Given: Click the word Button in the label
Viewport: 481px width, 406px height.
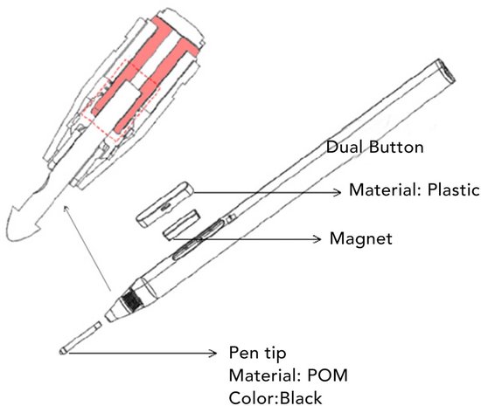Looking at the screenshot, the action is click(396, 147).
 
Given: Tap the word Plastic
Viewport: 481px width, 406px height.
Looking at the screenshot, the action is click(454, 189).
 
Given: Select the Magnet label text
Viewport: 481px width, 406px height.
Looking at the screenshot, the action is click(360, 238).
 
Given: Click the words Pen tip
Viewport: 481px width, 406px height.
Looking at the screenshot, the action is click(258, 353).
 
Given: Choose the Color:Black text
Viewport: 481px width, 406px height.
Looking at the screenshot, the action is click(275, 398).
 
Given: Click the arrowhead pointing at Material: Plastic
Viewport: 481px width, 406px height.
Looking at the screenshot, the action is click(337, 192).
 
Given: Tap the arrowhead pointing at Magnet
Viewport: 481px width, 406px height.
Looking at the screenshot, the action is click(317, 238).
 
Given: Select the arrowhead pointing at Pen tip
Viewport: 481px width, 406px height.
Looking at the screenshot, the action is click(213, 354).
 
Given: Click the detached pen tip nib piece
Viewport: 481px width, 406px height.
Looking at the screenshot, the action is click(80, 338).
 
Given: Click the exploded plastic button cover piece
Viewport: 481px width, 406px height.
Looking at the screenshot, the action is click(164, 204).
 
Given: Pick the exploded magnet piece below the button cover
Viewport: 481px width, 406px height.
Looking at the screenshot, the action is click(181, 224).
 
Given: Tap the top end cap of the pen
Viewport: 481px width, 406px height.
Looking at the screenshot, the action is click(445, 71).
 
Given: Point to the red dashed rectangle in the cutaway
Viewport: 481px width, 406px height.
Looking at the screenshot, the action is click(121, 100).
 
